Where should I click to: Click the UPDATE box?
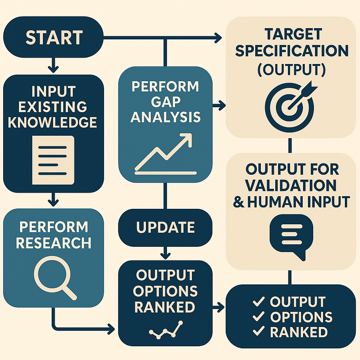[x=165, y=227]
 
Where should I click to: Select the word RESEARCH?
[x=53, y=243]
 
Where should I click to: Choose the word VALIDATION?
[x=291, y=185]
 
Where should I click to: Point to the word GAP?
[x=165, y=102]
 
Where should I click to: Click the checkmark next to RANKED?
[x=259, y=331]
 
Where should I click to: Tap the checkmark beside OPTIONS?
[x=259, y=316]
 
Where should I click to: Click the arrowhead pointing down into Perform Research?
[x=53, y=202]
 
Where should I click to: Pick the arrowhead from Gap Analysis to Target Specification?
[x=221, y=105]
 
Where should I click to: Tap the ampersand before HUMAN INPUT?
[x=239, y=202]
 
